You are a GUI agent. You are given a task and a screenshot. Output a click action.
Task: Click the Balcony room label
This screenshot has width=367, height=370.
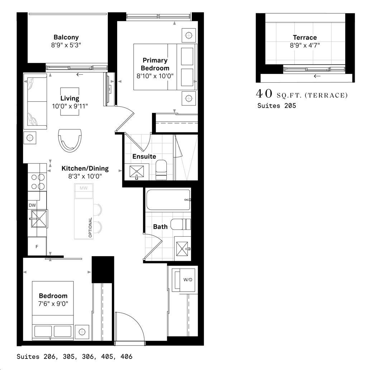66,37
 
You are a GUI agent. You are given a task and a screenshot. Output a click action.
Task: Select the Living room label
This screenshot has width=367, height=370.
70,98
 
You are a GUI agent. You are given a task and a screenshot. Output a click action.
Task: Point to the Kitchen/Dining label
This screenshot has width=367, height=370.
85,168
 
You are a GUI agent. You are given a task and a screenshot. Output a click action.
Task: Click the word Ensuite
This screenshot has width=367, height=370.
144,157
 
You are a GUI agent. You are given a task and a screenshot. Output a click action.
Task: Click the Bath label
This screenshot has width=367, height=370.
160,227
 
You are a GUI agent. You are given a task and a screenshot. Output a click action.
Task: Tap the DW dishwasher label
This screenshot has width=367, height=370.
33,205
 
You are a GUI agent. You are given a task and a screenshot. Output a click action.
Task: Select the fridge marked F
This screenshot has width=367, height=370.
37,247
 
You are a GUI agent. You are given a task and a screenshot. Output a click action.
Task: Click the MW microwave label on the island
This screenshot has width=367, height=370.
84,188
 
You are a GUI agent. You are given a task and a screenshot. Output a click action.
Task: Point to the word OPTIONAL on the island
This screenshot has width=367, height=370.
90,227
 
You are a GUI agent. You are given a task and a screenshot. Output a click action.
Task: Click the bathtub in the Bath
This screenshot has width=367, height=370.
168,200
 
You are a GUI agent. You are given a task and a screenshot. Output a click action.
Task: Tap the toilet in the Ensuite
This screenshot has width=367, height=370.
161,170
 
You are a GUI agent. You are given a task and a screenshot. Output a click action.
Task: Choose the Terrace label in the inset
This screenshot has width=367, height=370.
305,37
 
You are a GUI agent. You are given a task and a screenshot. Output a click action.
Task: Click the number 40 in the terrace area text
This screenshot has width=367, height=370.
264,94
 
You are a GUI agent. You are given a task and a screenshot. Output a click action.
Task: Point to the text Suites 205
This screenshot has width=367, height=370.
277,106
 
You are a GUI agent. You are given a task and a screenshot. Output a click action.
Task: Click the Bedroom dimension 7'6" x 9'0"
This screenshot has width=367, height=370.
53,303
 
